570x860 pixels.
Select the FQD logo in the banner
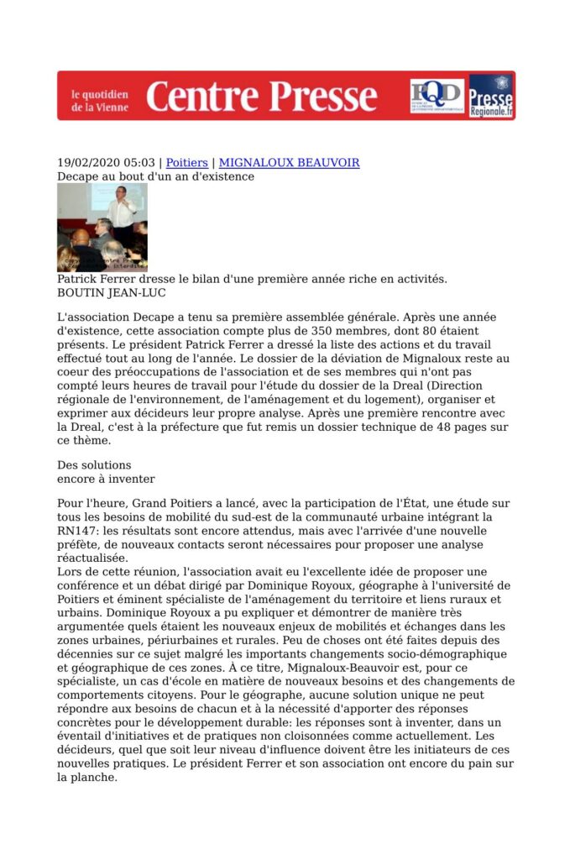[437, 95]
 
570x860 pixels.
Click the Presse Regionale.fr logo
[491, 96]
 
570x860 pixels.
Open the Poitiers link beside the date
[186, 162]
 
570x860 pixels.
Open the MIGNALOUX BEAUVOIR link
[289, 162]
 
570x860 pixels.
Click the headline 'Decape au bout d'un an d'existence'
[155, 176]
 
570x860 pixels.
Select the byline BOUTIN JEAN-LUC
[111, 292]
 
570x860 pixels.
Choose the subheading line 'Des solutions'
[94, 465]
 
